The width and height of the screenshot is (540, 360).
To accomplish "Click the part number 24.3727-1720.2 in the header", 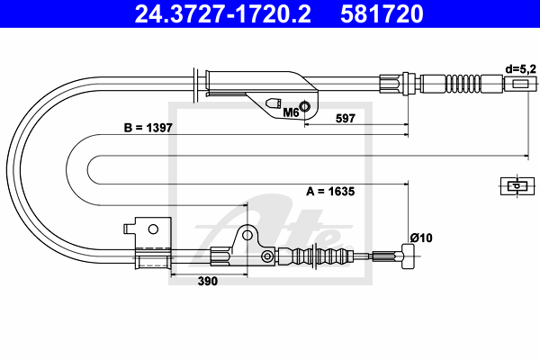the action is pyautogui.click(x=222, y=14).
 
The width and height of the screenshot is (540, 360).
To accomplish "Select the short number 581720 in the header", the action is pyautogui.click(x=382, y=14).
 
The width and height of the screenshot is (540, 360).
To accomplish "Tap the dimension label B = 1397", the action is pyautogui.click(x=148, y=128).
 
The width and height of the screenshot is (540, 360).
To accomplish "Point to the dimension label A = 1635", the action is pyautogui.click(x=330, y=191).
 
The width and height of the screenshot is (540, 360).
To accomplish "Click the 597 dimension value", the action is pyautogui.click(x=345, y=119).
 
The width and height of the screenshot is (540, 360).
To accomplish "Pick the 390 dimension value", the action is pyautogui.click(x=208, y=281).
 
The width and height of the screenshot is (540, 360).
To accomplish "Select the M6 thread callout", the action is pyautogui.click(x=291, y=112).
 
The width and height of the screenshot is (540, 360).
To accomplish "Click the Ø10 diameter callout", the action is pyautogui.click(x=421, y=238).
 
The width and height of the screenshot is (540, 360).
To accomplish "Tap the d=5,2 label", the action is pyautogui.click(x=521, y=69).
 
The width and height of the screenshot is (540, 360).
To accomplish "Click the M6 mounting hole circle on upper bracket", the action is pyautogui.click(x=304, y=106).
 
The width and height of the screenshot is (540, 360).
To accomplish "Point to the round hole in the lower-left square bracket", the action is pyautogui.click(x=153, y=229).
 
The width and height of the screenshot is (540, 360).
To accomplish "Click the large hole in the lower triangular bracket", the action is pyautogui.click(x=247, y=235).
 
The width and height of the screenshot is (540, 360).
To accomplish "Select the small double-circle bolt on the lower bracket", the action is pyautogui.click(x=267, y=256).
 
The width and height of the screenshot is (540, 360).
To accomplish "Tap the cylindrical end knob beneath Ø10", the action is pyautogui.click(x=408, y=256).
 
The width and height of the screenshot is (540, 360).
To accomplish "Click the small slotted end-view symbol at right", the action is pyautogui.click(x=517, y=186).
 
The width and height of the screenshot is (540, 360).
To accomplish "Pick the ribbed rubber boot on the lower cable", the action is pyautogui.click(x=316, y=256).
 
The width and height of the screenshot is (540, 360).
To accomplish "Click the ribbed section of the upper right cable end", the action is pyautogui.click(x=463, y=84).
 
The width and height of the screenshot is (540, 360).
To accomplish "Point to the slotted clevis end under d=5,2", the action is pyautogui.click(x=521, y=84).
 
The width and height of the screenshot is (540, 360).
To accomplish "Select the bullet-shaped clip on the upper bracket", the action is pyautogui.click(x=273, y=103).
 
